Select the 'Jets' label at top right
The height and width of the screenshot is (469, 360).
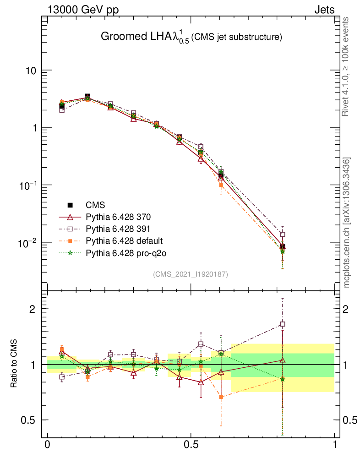(x=324, y=10)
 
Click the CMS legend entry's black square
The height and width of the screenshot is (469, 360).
(x=71, y=205)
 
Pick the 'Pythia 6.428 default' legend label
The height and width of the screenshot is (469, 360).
(x=124, y=240)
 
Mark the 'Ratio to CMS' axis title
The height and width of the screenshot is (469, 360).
(x=14, y=365)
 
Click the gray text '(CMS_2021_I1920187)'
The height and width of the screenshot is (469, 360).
(x=191, y=274)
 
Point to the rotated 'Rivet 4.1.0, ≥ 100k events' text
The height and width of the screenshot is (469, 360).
(x=346, y=66)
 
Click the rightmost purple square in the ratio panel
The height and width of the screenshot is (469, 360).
(x=283, y=324)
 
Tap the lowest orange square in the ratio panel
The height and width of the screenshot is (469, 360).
(x=221, y=397)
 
